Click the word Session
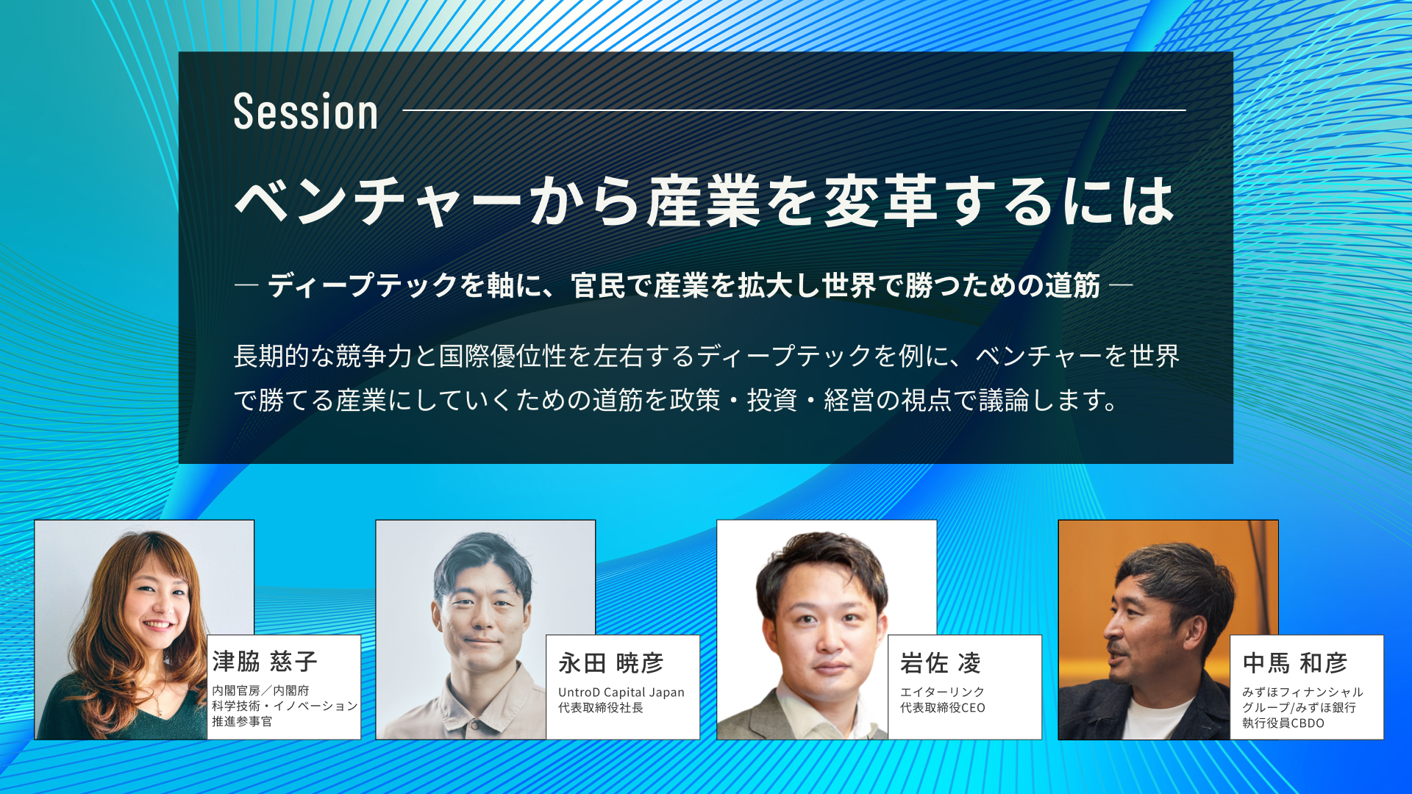point(306,112)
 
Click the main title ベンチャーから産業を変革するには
point(705,201)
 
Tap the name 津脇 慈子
point(265,662)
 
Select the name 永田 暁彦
point(610,663)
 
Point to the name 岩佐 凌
point(941,663)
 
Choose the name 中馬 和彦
point(1295,663)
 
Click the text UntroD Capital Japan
point(621,692)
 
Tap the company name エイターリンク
point(942,692)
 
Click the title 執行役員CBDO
point(1283,723)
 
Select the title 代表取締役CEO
point(943,707)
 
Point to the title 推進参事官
point(242,721)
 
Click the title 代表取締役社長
point(601,707)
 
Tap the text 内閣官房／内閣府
point(260,690)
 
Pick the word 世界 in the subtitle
point(850,285)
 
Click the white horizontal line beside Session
point(794,110)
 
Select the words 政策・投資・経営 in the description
point(771,400)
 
